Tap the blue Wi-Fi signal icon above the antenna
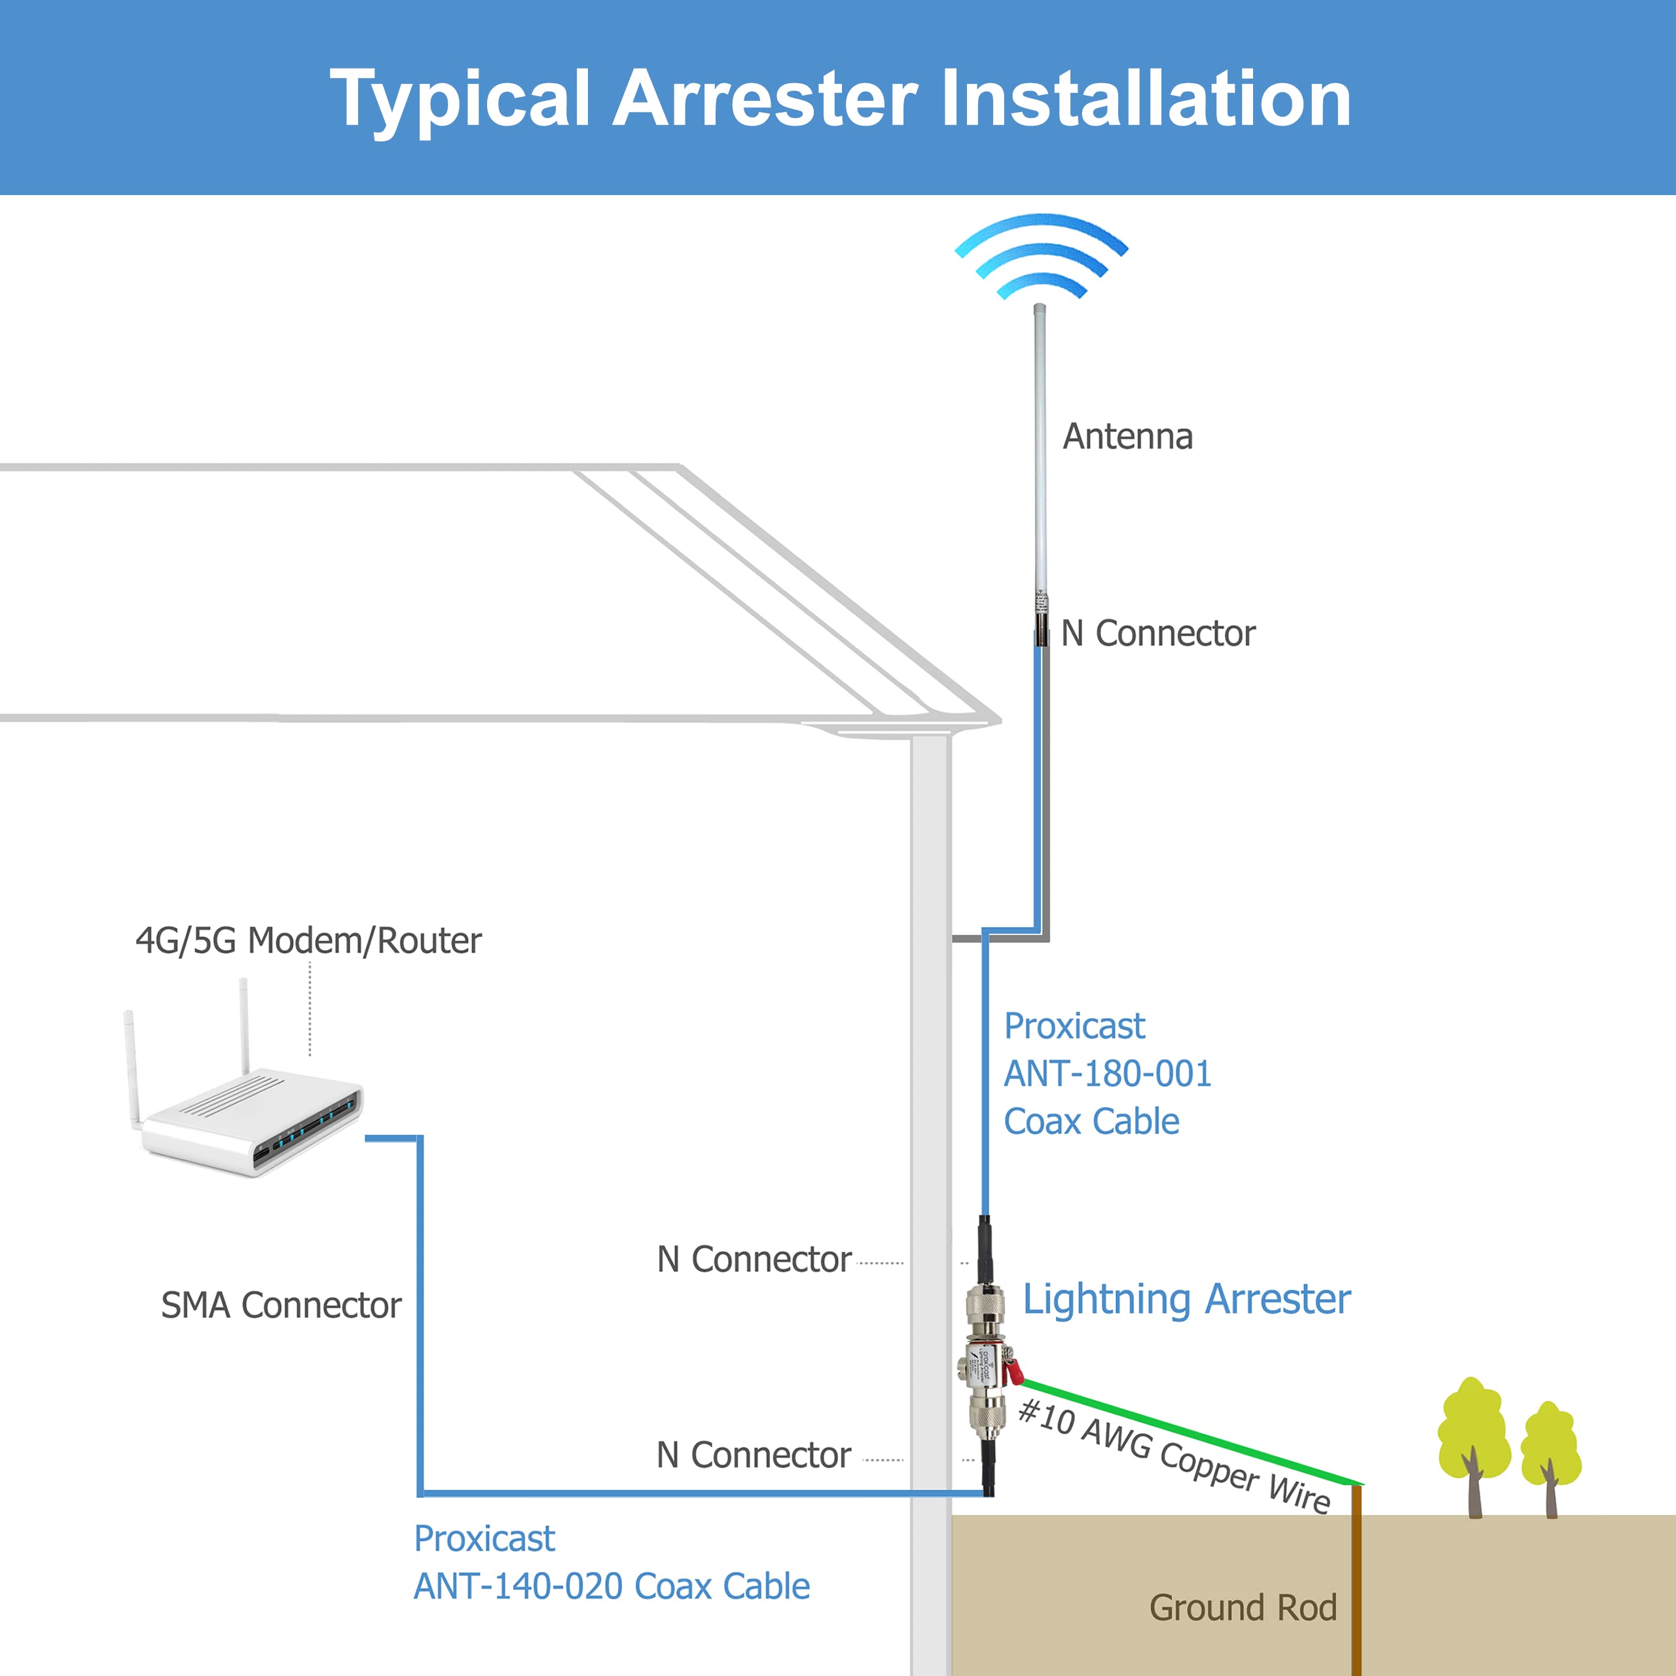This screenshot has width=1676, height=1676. click(x=1040, y=256)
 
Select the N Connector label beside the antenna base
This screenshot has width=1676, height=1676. click(x=1157, y=633)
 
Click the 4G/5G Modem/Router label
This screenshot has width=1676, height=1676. click(x=308, y=940)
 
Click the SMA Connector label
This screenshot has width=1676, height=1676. click(x=280, y=1305)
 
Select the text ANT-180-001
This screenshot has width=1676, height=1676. click(x=1107, y=1074)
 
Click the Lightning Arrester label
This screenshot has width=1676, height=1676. click(x=1186, y=1299)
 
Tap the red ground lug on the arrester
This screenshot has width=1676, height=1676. click(x=1012, y=1372)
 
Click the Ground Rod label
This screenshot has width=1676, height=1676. click(x=1242, y=1607)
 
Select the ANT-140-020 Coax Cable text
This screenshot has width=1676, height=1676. click(x=611, y=1586)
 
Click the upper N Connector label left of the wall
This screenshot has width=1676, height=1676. click(x=753, y=1259)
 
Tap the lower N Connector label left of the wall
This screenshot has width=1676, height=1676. click(x=753, y=1455)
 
